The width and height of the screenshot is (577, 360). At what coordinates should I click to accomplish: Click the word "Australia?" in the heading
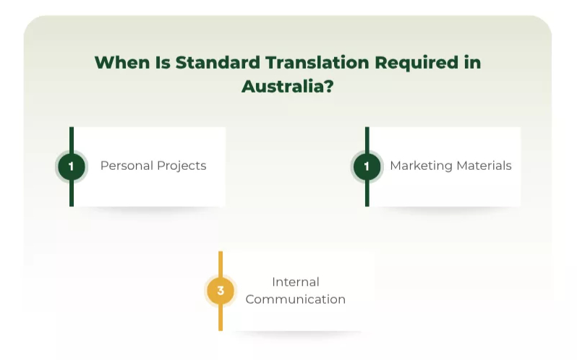[288, 86]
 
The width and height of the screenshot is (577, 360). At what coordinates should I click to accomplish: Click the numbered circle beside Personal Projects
[71, 166]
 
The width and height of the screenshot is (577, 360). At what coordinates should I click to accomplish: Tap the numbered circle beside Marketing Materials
[367, 166]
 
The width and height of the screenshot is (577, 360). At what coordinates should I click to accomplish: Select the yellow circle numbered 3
[221, 291]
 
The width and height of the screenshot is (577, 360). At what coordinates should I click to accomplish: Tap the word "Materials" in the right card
[484, 166]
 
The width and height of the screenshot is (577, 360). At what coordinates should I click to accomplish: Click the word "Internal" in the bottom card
[295, 282]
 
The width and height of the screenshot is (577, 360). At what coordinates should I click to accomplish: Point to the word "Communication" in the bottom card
[295, 299]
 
